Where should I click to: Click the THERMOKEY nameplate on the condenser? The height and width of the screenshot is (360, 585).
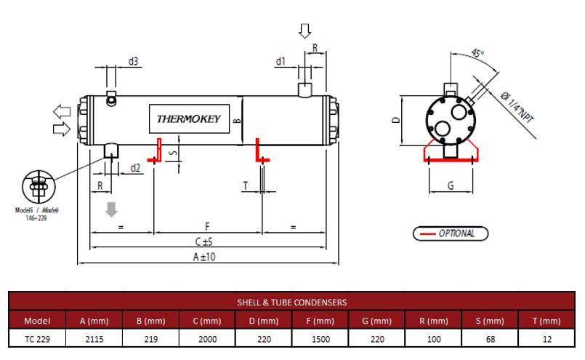point(189,119)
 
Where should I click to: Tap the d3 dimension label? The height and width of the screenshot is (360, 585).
point(133,61)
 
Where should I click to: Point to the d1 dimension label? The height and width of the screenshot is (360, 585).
point(281,61)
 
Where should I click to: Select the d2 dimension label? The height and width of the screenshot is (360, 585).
point(135,168)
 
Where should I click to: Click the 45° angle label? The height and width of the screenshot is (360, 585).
point(477,53)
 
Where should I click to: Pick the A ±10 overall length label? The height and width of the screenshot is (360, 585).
point(204,257)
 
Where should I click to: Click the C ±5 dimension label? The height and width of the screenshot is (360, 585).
point(203,242)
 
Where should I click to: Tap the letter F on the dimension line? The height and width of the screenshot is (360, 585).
point(207,226)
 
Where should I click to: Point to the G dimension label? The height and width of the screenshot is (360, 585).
point(451,185)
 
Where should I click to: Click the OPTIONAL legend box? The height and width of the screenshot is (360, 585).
point(451,233)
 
